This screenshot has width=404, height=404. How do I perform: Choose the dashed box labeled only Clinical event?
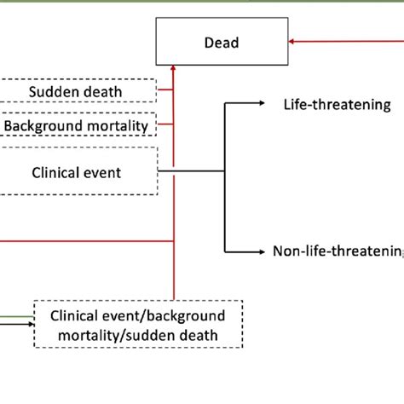pos(78,171)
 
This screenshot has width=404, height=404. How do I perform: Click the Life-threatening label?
pos(337,104)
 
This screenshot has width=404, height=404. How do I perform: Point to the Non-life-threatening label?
pos(338,251)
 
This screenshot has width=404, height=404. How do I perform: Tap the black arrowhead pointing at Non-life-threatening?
pos(263,251)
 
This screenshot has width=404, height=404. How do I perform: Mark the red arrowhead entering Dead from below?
pos(174,65)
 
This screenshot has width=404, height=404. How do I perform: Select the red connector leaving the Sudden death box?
pos(165,91)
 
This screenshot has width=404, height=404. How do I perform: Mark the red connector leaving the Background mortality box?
pos(165,126)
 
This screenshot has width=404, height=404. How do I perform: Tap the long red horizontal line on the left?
pos(85,240)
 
